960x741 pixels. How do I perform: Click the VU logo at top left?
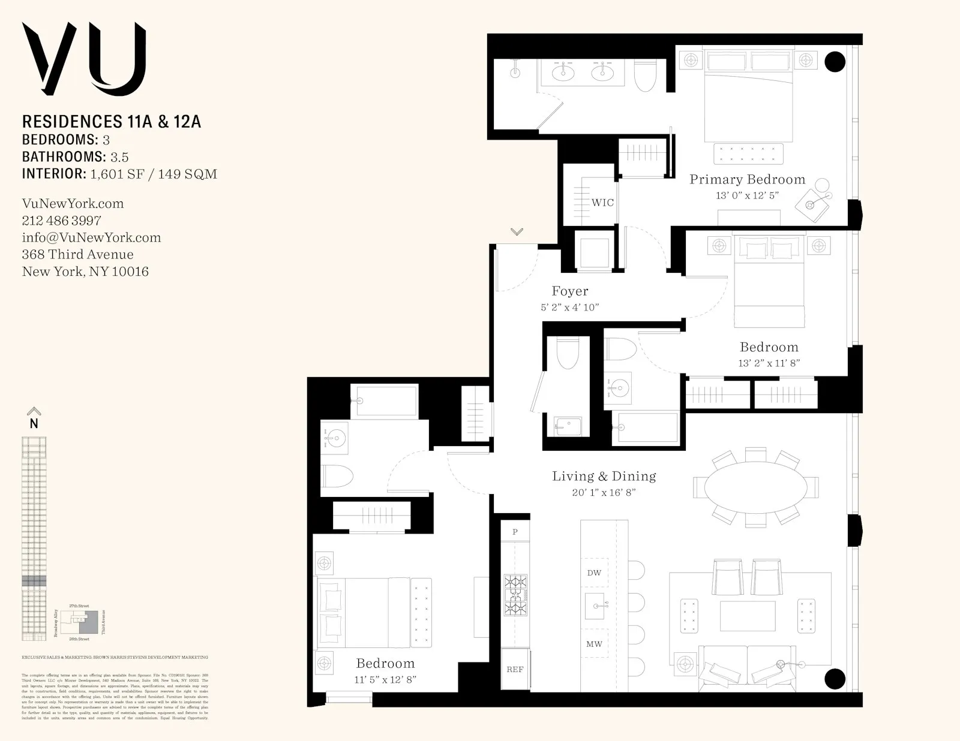[x=84, y=59]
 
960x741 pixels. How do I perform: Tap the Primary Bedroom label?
[x=747, y=179]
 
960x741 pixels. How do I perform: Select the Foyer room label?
[x=569, y=291]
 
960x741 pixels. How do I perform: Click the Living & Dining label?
[x=604, y=476]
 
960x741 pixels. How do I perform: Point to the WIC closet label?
[x=602, y=203]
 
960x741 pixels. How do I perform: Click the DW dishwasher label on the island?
[x=594, y=573]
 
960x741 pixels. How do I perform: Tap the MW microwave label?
[x=594, y=644]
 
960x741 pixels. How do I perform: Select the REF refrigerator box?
[x=515, y=670]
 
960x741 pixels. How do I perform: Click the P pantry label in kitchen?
[x=515, y=532]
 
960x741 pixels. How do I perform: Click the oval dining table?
[x=755, y=487]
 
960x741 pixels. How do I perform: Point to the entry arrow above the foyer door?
[x=517, y=231]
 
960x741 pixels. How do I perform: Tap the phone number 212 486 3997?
[x=61, y=221]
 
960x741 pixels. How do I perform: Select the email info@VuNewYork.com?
[x=91, y=237]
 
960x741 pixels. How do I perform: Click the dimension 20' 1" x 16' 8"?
[x=604, y=493]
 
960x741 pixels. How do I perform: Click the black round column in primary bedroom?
[x=835, y=61]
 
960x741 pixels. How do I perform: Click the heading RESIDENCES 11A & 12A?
[x=112, y=122]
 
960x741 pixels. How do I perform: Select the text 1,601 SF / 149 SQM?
[x=154, y=174]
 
